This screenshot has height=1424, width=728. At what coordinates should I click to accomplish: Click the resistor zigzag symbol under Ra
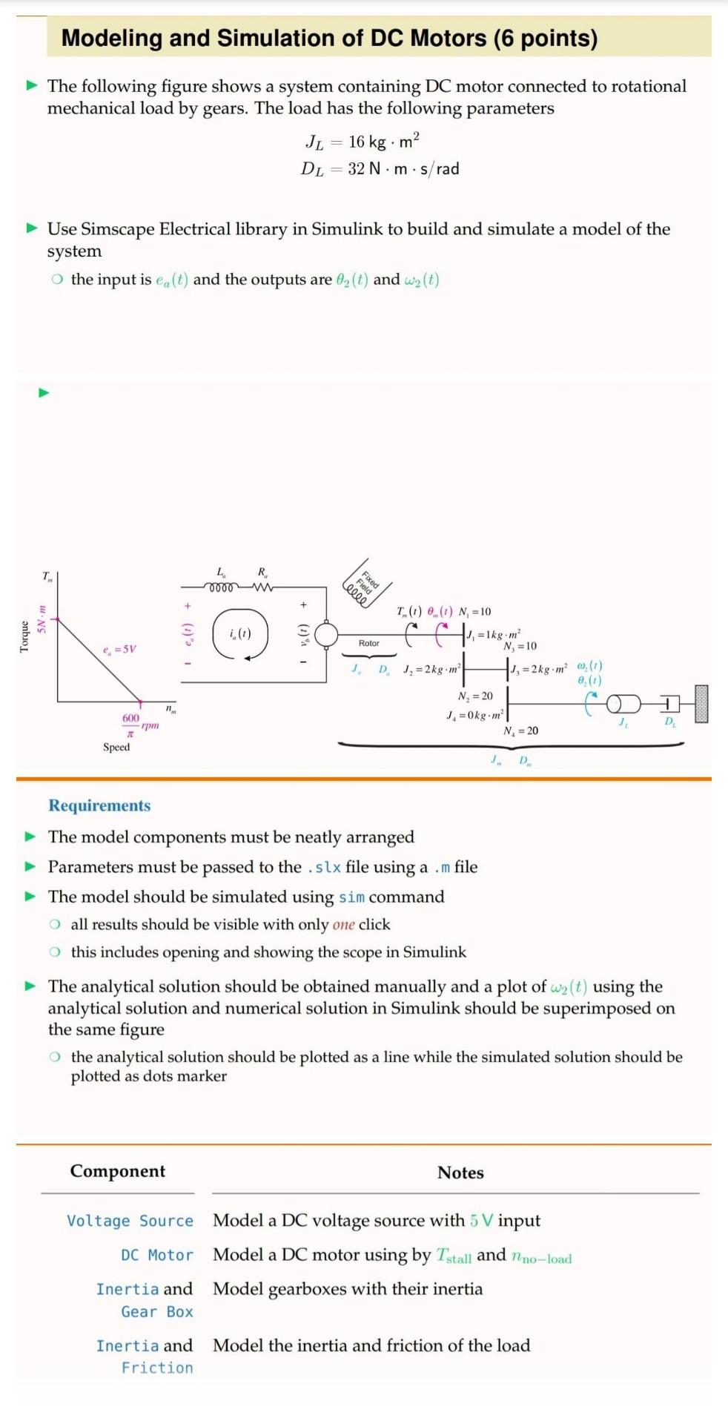pos(262,588)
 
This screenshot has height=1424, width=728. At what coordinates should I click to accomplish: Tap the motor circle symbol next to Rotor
pos(326,634)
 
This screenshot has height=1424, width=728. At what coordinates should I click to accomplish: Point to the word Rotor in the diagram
pos(368,643)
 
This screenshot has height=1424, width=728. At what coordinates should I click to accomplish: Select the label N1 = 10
pos(474,612)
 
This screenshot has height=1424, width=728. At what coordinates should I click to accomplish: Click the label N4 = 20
pos(521,731)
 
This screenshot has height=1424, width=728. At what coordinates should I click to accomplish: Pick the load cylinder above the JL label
pos(623,703)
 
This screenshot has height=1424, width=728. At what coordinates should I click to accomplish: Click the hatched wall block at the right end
pos(701,703)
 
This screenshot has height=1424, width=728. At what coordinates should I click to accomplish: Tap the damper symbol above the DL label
pos(669,702)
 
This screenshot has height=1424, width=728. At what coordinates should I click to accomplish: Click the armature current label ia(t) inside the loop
pos(240,633)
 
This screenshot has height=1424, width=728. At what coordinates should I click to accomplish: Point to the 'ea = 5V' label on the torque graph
pos(119,650)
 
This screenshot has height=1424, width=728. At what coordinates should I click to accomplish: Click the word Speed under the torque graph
pos(116,747)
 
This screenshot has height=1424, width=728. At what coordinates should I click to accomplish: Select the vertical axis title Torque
pos(24,636)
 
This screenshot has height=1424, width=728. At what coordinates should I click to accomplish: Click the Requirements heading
pos(99,805)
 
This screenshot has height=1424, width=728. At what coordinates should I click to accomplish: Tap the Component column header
pos(118,1171)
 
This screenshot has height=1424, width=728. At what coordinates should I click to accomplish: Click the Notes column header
pos(460,1173)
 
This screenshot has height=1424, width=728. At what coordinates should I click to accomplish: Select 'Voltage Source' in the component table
pos(130,1221)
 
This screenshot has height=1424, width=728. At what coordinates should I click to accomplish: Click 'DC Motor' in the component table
pos(156,1255)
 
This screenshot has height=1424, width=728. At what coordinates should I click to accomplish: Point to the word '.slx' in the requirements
pos(324,867)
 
